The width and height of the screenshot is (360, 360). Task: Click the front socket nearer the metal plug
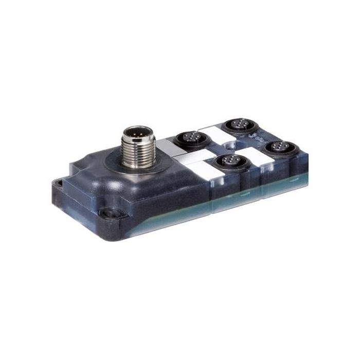point(227,161)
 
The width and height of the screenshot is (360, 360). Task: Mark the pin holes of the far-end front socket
point(280,148)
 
